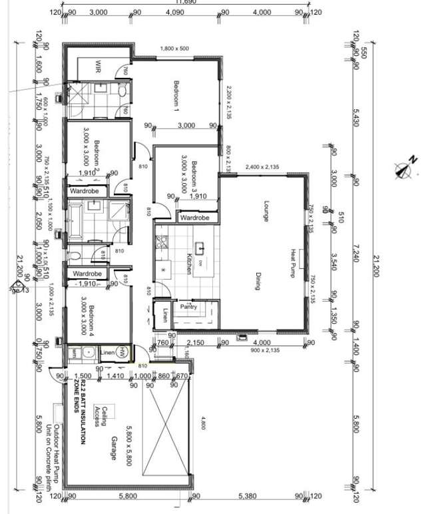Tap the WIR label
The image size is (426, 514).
tap(98, 67)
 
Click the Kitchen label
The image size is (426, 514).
tap(189, 264)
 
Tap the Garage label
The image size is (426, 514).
tap(114, 447)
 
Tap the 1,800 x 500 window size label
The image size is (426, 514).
tap(174, 49)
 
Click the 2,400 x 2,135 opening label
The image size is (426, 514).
tap(264, 166)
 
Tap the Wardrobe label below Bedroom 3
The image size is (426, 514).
tap(195, 218)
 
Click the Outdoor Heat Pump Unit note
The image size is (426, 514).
tap(61, 447)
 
